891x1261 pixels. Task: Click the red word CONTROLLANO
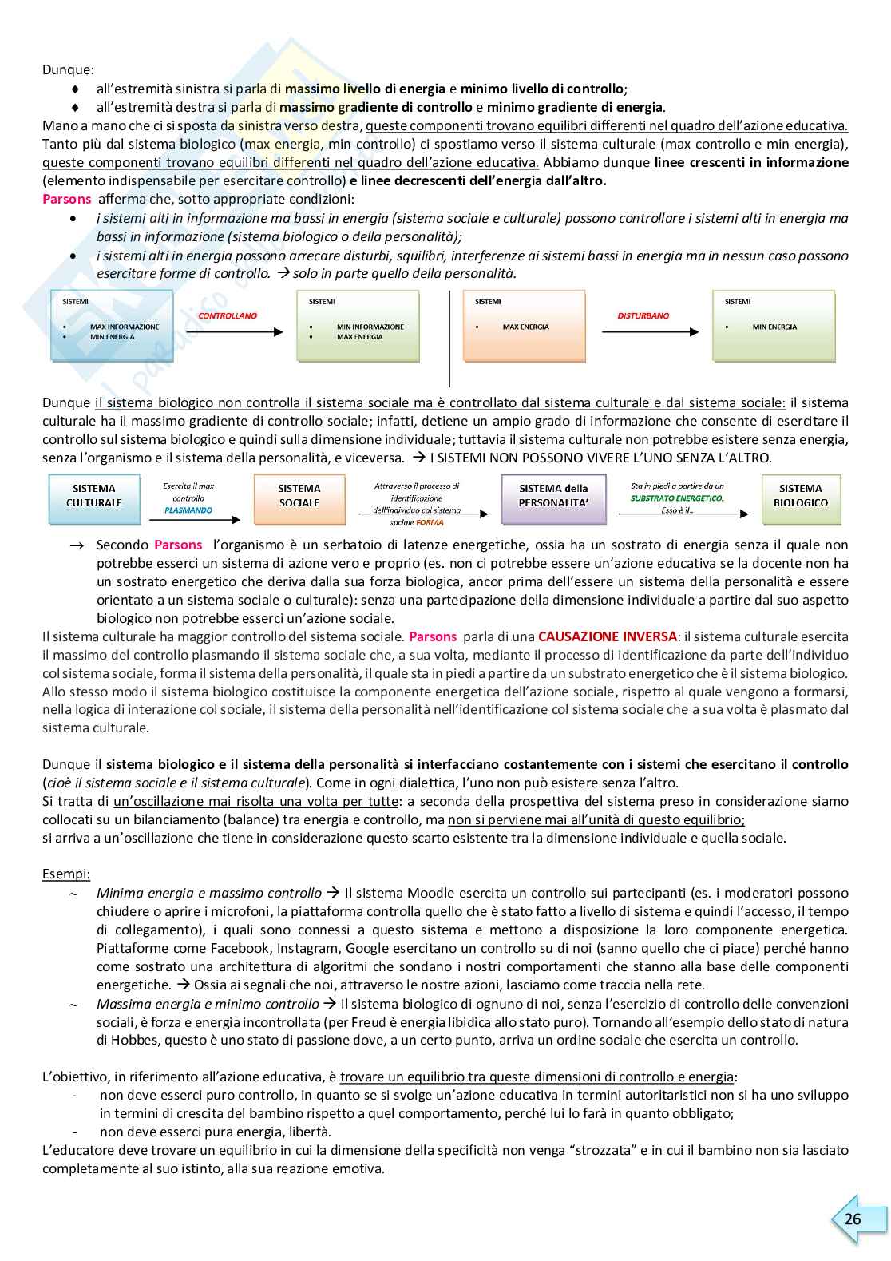pos(228,316)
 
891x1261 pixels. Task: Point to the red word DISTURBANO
pos(643,316)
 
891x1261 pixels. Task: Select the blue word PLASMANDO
pos(188,510)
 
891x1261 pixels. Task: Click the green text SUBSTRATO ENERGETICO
pos(677,498)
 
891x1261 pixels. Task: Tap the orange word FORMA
pos(430,523)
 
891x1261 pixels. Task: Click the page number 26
pos(853,1219)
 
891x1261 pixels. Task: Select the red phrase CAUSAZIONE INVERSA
pos(607,637)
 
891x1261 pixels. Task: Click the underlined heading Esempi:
pos(66,874)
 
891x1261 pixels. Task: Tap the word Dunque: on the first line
pos(68,70)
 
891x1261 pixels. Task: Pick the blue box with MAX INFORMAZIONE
pos(112,326)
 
